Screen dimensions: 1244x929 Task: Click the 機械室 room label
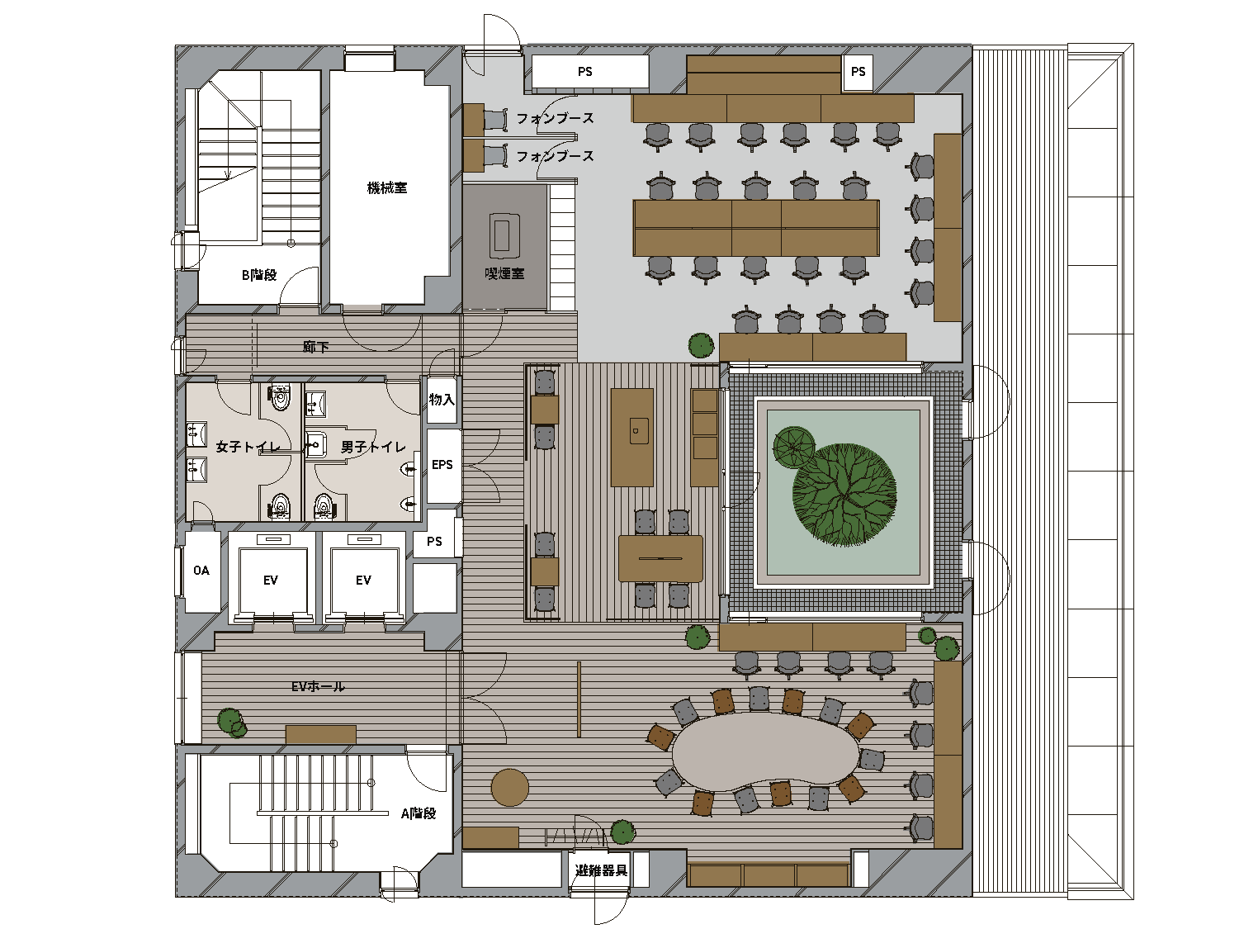(387, 187)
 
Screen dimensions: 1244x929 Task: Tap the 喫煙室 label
(504, 273)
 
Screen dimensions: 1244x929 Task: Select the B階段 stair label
(259, 275)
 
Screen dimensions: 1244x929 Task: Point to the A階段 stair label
(419, 813)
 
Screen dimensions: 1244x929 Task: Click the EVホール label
(318, 686)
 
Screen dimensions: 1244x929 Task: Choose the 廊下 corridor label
(315, 346)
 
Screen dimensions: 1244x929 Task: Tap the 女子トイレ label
(248, 447)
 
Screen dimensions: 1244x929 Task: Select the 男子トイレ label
(373, 447)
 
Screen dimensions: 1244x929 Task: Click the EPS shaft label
(442, 465)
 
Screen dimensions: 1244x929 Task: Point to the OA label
(201, 571)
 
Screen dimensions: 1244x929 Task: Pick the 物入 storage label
(442, 400)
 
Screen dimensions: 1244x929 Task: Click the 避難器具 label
(601, 870)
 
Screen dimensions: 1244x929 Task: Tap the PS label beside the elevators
(434, 542)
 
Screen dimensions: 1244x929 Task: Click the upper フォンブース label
(555, 118)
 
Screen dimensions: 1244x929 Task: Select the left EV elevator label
(270, 580)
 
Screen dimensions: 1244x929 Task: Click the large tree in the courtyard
(844, 495)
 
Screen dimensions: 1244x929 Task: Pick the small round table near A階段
(509, 787)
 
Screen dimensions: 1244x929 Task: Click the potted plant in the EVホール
(232, 723)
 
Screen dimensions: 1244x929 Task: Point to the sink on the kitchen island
(639, 431)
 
